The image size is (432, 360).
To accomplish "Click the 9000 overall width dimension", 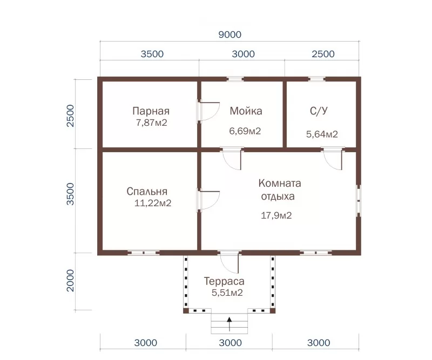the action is tap(230, 35).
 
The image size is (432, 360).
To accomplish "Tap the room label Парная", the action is tap(151, 111).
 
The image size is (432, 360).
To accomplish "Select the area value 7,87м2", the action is tap(152, 123).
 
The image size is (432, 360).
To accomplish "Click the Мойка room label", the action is tap(246, 111).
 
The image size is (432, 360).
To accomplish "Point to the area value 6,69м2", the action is tap(245, 131).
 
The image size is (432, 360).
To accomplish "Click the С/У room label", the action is tap(319, 111).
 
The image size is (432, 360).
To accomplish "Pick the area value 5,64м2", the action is tap(322, 134).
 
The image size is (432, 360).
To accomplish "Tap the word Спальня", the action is tap(147, 192).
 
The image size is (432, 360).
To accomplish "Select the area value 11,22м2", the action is tap(153, 203).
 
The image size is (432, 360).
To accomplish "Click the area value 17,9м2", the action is tap(276, 215).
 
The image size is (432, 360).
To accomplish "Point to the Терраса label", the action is tap(224, 281).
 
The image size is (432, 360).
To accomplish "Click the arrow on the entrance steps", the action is tap(229, 324).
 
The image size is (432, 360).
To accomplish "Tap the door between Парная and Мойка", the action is tap(208, 112).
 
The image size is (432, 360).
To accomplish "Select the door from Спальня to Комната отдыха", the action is tap(208, 201).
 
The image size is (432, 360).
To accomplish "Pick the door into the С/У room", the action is tap(333, 158).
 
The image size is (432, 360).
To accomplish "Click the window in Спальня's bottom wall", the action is tap(144, 253).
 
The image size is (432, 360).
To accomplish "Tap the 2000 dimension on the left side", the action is tap(71, 281).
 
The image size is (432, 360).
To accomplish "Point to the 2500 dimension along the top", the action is tap(323, 54).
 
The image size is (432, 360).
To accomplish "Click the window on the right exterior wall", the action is tap(359, 201).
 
